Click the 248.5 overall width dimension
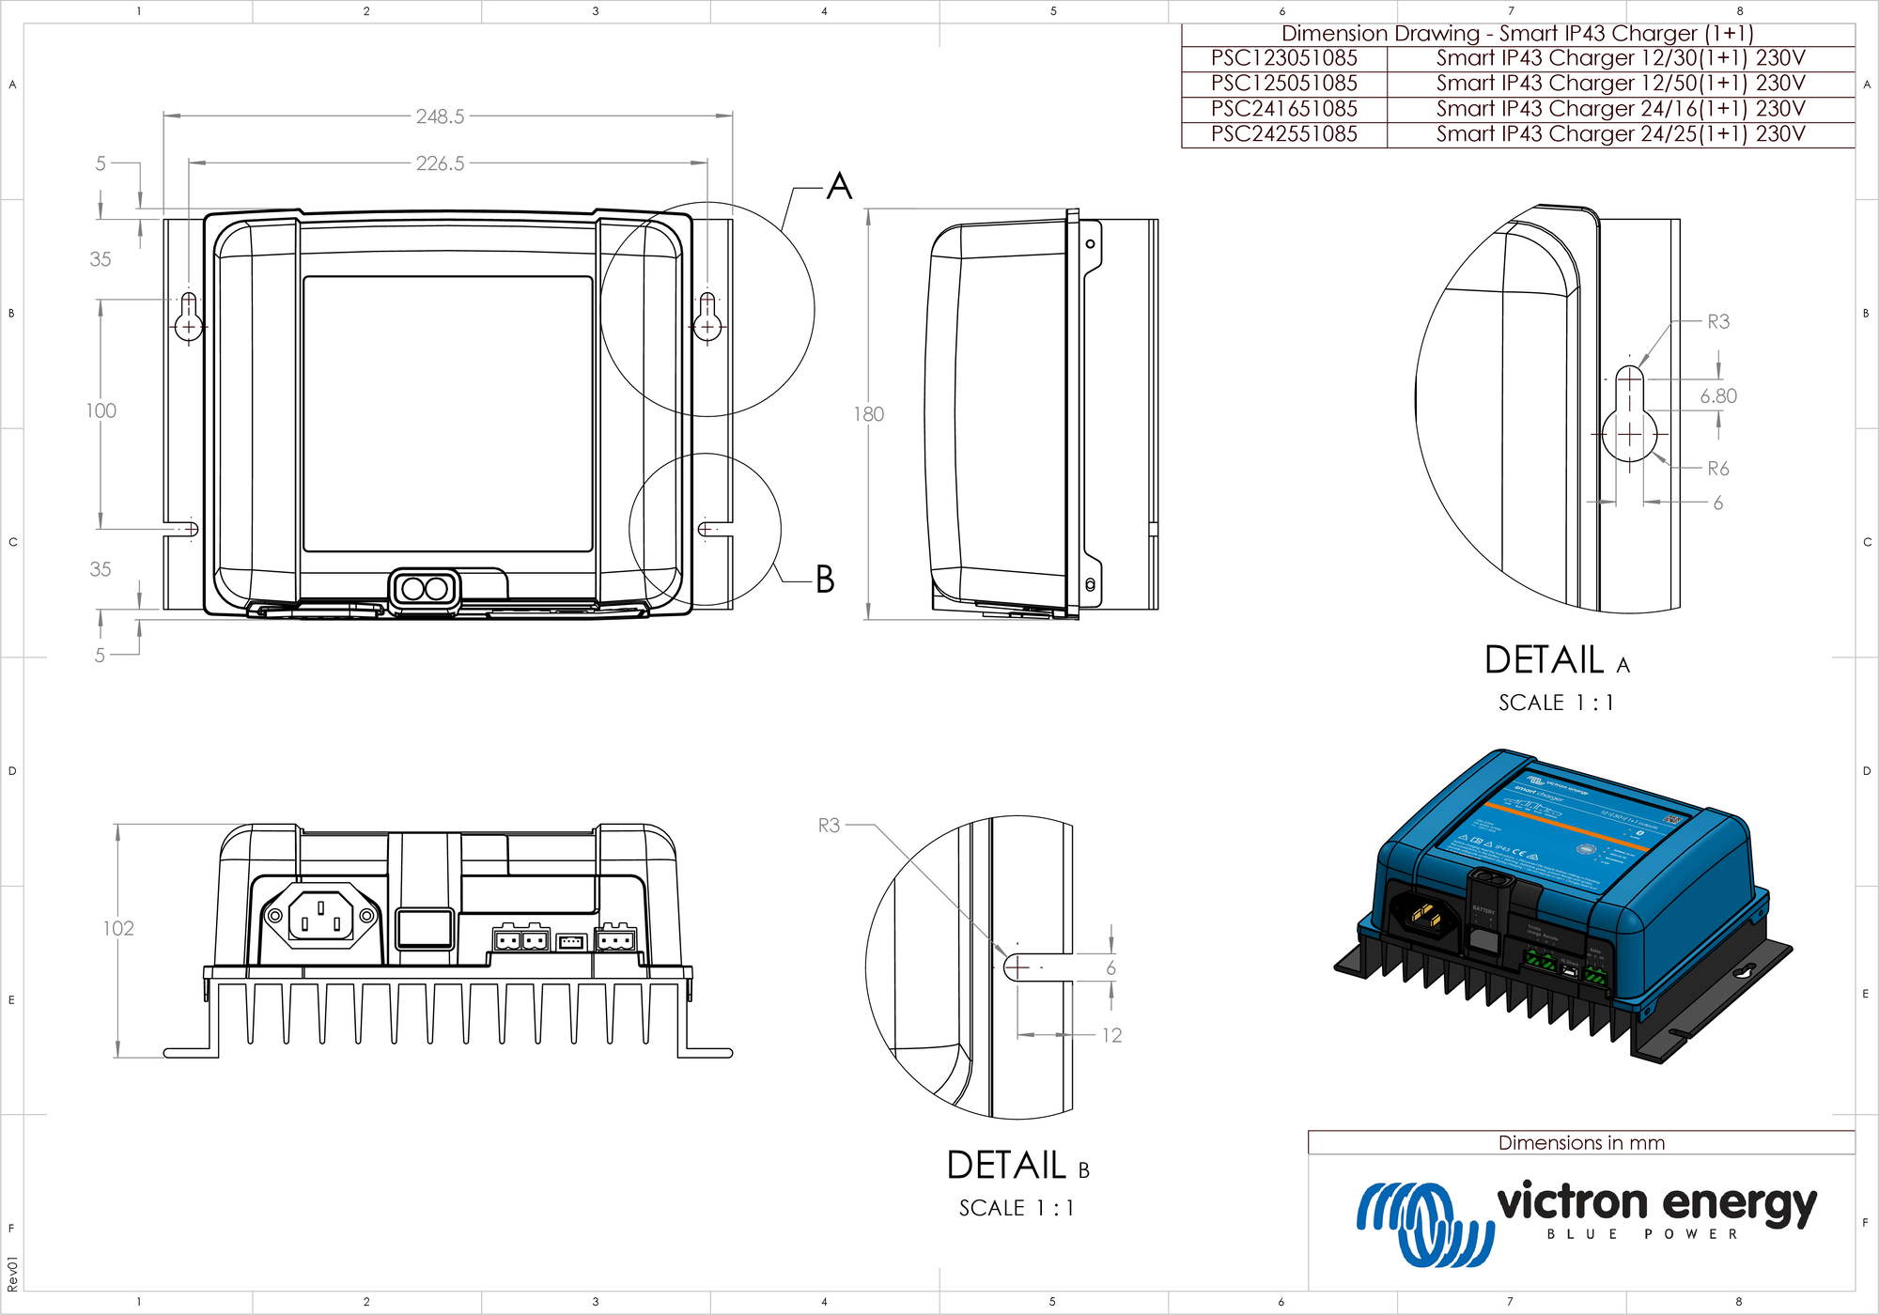tap(440, 116)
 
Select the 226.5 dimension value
tap(440, 163)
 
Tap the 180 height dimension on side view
tap(869, 414)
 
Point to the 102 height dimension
tap(118, 929)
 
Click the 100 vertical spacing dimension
tap(101, 410)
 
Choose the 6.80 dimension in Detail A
tap(1718, 396)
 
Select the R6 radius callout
tap(1717, 469)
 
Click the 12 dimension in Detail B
tap(1111, 1035)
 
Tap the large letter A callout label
tap(839, 186)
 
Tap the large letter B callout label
tap(825, 580)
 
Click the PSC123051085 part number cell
tap(1283, 58)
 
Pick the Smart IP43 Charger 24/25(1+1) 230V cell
tap(1621, 134)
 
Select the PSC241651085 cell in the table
tap(1283, 109)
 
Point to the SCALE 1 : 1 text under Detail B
tap(1016, 1208)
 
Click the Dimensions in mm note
tap(1581, 1143)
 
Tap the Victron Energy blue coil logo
tap(1422, 1224)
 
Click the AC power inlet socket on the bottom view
tap(321, 916)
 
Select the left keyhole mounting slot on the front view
tap(189, 317)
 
